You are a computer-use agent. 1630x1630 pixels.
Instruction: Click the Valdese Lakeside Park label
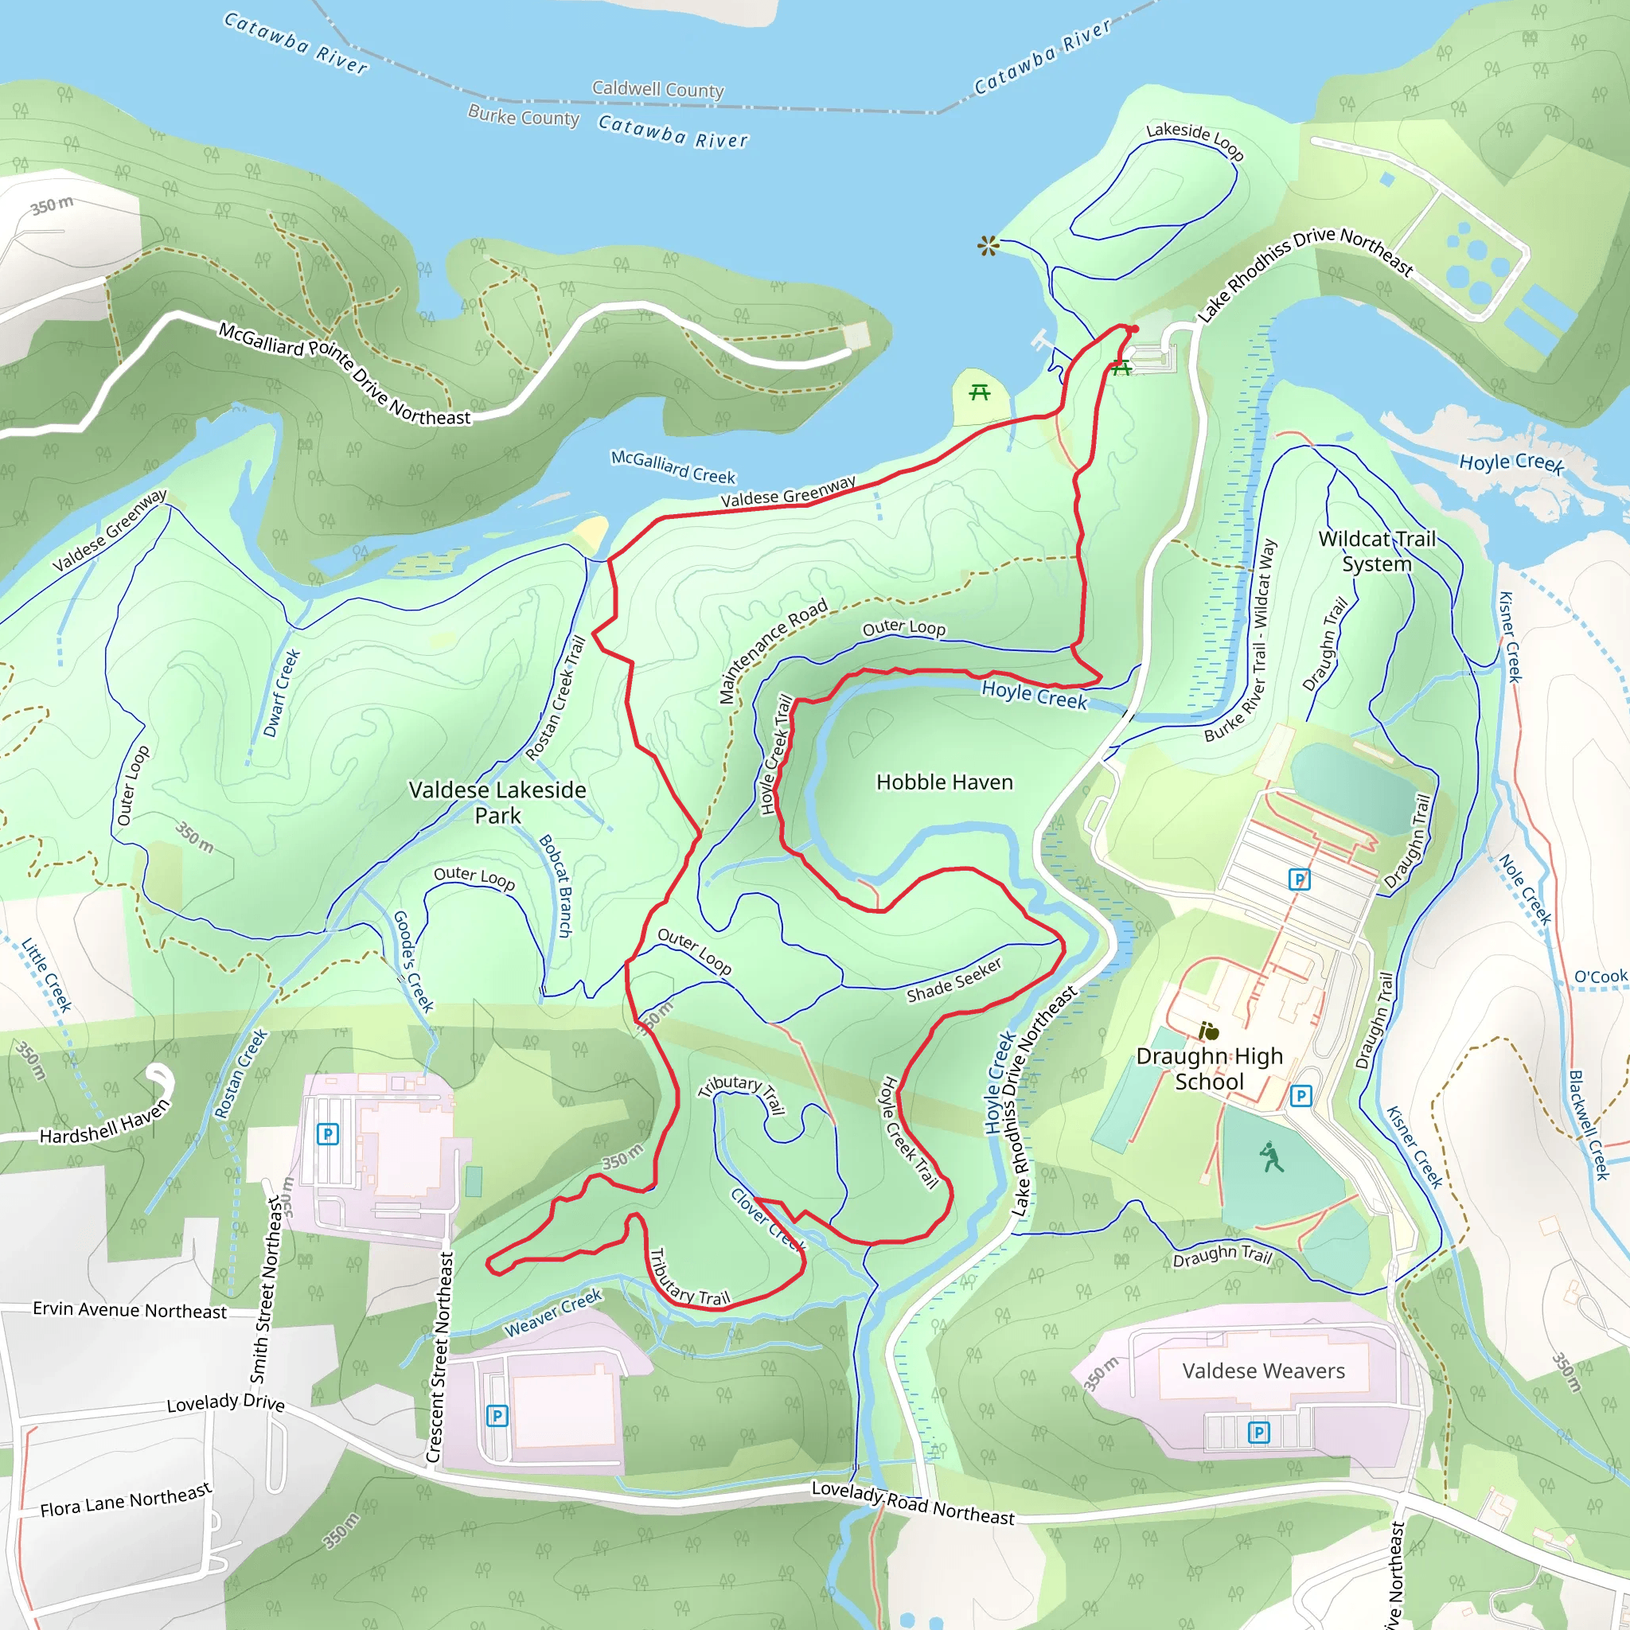pos(497,802)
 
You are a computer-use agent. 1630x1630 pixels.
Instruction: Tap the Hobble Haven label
pos(944,782)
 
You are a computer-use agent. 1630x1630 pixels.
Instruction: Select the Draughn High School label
pos(1208,1069)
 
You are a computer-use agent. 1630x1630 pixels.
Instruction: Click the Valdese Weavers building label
pos(1263,1371)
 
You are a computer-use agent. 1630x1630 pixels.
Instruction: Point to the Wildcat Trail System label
pos(1376,551)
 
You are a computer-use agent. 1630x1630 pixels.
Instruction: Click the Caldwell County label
pos(657,88)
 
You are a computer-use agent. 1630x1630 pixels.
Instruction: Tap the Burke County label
pos(523,115)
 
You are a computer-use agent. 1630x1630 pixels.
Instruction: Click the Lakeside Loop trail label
pos(1194,139)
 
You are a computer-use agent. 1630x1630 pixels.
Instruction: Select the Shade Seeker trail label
pos(953,981)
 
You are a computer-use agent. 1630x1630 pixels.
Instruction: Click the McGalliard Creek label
pos(673,466)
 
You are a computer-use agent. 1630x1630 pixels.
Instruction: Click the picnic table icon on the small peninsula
pos(979,392)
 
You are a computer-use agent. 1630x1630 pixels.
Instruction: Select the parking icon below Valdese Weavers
pos(1258,1432)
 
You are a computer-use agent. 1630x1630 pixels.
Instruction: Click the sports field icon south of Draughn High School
pos(1271,1157)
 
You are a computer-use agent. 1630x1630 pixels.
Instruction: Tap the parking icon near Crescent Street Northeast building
pos(497,1416)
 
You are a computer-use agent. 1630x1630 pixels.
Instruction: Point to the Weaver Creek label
pos(552,1312)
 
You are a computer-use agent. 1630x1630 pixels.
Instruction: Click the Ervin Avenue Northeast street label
pos(129,1309)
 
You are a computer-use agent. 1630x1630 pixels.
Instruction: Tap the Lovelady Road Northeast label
pos(912,1503)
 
